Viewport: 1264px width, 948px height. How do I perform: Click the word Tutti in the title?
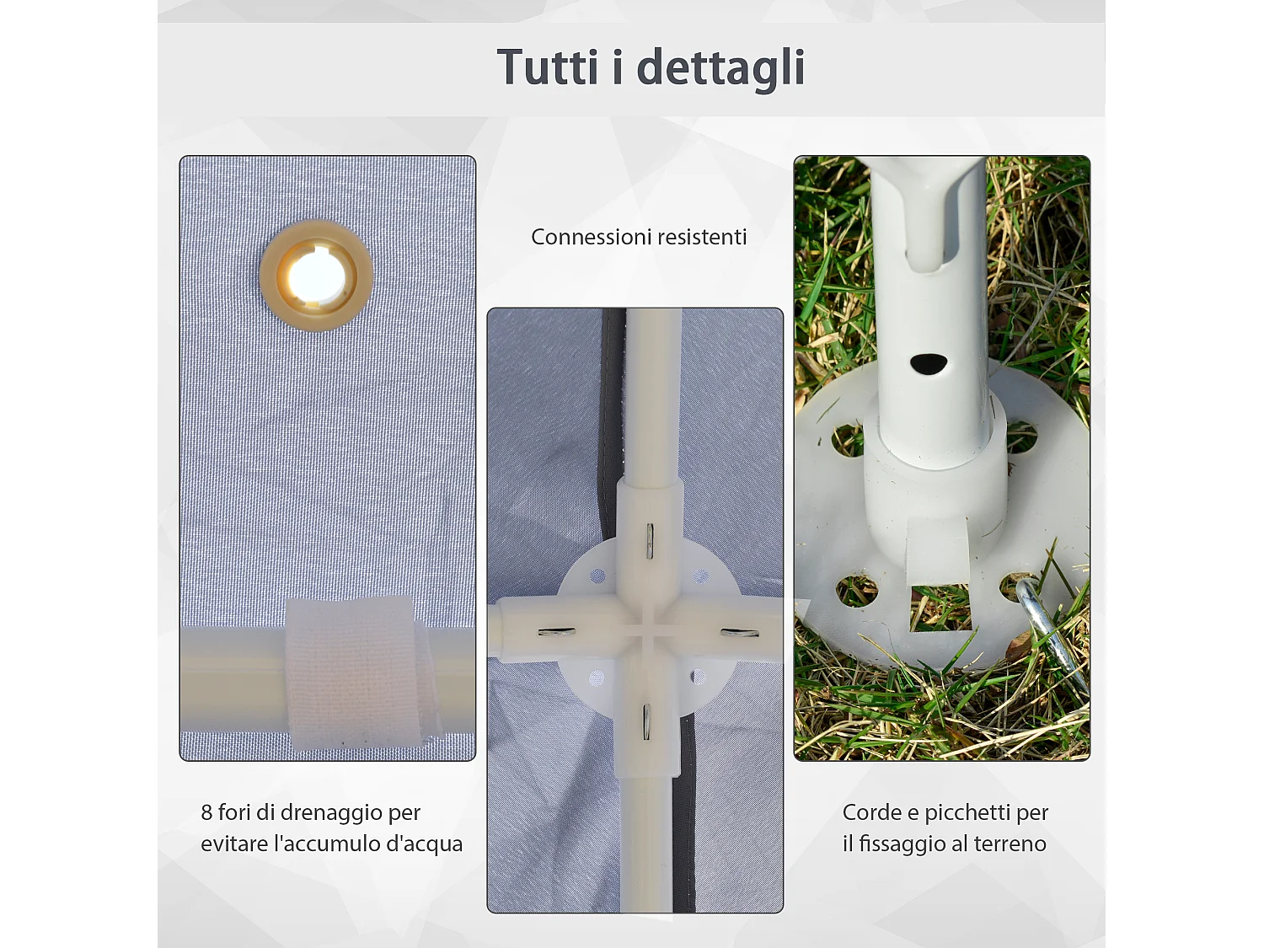(548, 67)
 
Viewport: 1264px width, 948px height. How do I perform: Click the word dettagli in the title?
(720, 69)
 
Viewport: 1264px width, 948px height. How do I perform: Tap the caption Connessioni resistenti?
(639, 237)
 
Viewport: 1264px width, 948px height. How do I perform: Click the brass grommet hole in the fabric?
(316, 276)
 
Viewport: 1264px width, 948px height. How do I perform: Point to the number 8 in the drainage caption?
(206, 812)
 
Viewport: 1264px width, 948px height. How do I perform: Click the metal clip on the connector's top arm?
(650, 540)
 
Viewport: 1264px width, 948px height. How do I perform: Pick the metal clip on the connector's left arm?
(557, 631)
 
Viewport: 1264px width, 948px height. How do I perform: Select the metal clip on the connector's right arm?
(740, 632)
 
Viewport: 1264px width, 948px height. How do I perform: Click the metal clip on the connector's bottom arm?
(647, 721)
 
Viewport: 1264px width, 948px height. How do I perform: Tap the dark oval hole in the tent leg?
(929, 364)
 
